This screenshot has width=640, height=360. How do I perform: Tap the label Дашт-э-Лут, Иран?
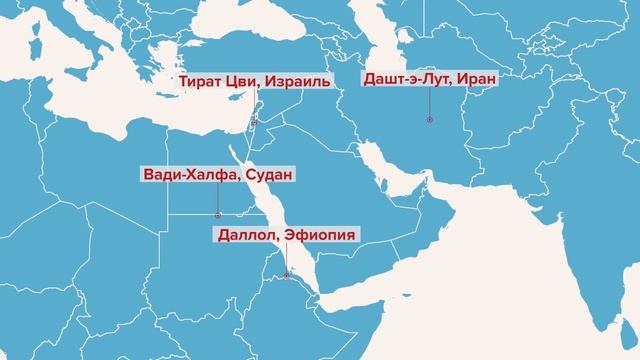(428, 78)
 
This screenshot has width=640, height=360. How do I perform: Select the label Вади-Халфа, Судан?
(218, 176)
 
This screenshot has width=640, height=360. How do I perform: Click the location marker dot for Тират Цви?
(254, 122)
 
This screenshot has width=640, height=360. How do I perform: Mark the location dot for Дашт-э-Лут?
(429, 120)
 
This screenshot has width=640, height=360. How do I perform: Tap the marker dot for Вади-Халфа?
(218, 214)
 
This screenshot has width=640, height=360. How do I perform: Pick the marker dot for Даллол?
(287, 275)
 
